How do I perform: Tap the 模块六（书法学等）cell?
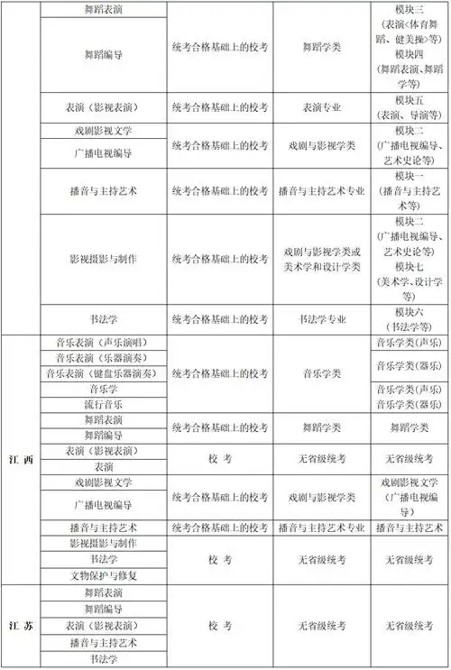click(409, 319)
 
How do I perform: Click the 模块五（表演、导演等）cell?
click(409, 106)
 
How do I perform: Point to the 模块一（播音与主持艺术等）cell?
click(409, 191)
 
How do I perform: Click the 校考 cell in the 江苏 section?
click(220, 625)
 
